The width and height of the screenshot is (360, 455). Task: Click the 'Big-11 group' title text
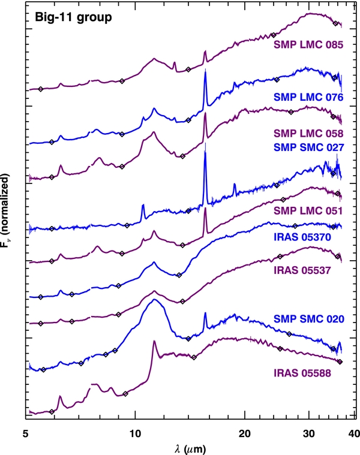click(x=73, y=18)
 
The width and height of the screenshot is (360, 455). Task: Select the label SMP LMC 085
click(x=308, y=45)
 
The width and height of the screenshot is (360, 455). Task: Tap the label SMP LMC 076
click(x=308, y=97)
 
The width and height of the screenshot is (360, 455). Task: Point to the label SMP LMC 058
click(x=308, y=134)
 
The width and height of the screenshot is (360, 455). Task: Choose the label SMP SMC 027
click(x=308, y=147)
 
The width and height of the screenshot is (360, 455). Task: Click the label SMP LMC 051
click(x=308, y=210)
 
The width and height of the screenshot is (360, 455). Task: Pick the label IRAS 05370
click(x=302, y=237)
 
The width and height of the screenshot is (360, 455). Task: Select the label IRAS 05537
click(x=302, y=270)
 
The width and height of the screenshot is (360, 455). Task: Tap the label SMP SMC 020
click(x=308, y=319)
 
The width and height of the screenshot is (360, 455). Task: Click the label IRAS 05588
click(x=302, y=373)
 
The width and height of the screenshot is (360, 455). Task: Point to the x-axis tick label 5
click(x=26, y=434)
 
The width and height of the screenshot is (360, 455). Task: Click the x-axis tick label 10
click(x=135, y=434)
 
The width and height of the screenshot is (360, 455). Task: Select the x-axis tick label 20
click(x=244, y=434)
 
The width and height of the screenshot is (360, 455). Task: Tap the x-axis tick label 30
click(x=309, y=434)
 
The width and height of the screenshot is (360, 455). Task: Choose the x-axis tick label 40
click(x=353, y=434)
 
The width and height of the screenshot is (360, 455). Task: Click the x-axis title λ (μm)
click(x=190, y=449)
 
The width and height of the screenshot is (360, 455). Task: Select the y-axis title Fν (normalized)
click(x=5, y=210)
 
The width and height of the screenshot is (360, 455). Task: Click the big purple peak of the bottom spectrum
click(x=154, y=342)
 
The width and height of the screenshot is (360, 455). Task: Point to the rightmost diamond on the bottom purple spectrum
click(x=340, y=361)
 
